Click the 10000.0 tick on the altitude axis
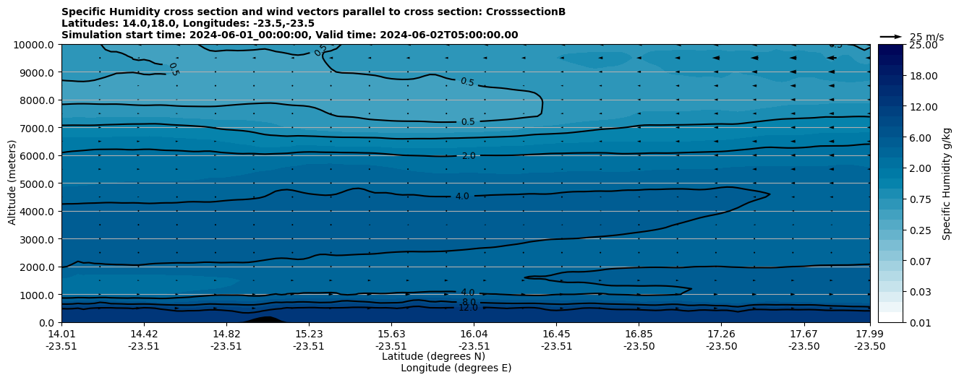(x=35, y=45)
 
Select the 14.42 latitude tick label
(x=144, y=334)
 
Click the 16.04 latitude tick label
(x=474, y=334)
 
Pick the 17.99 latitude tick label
(x=869, y=334)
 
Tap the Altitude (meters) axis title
(x=12, y=183)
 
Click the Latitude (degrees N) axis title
(x=433, y=356)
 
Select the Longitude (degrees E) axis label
(x=456, y=368)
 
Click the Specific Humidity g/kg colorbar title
(x=947, y=183)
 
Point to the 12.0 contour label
(x=468, y=308)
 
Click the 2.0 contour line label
(x=468, y=156)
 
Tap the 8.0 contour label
(x=468, y=302)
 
